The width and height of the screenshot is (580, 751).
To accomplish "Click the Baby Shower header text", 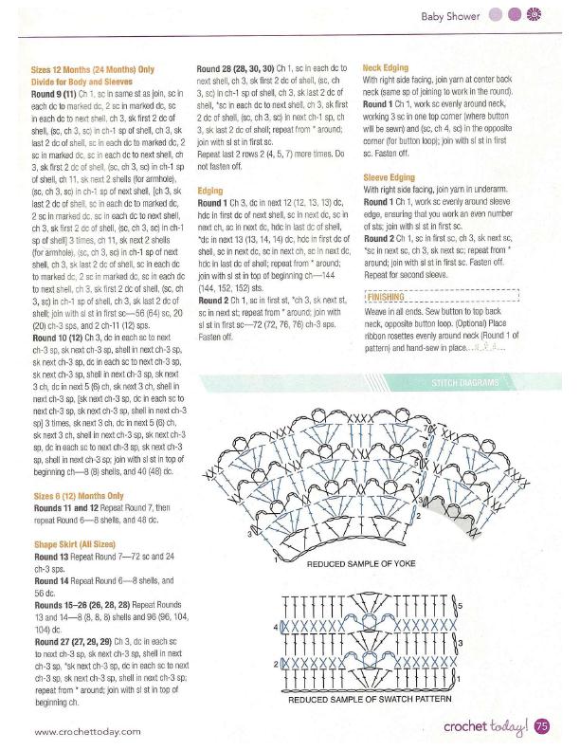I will click(452, 15).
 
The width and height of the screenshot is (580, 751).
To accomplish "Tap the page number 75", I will click(542, 727).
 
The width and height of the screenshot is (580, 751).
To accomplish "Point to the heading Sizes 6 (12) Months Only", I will click(78, 496).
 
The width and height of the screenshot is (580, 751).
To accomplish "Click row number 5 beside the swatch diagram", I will click(459, 604).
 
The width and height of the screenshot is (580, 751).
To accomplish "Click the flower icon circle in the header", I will click(534, 15).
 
